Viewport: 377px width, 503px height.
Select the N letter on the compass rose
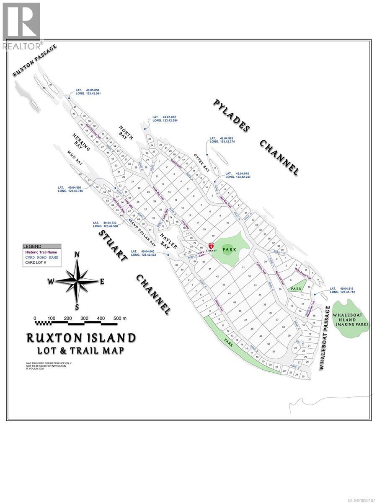(x=77, y=254)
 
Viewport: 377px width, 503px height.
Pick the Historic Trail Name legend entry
(x=41, y=252)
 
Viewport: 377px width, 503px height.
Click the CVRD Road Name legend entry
(x=41, y=257)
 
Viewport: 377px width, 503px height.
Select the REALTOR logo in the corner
(x=21, y=25)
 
